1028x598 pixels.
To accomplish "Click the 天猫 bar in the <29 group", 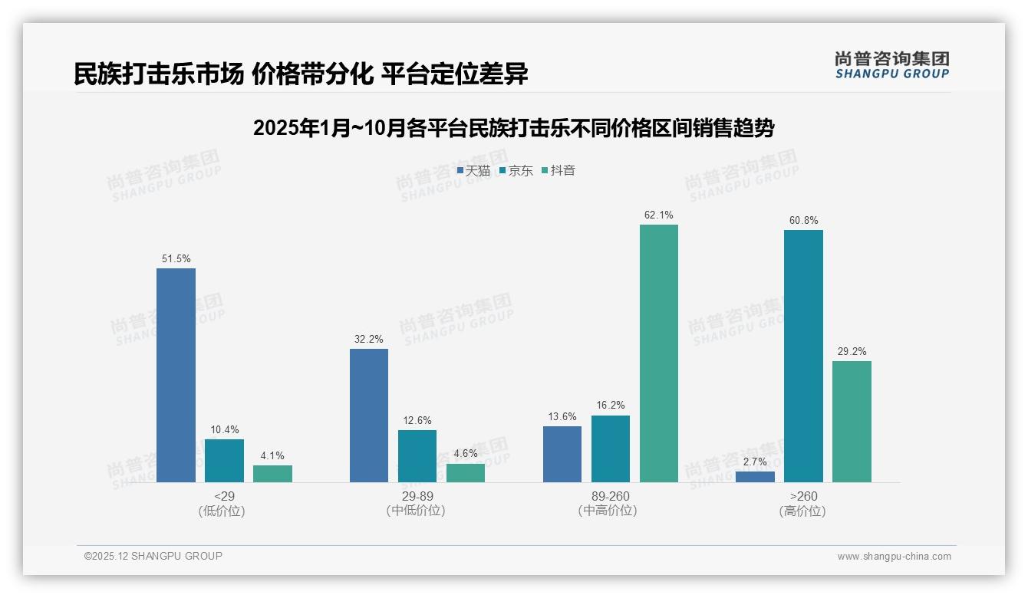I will point(176,375).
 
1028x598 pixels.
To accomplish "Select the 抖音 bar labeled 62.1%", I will point(659,353).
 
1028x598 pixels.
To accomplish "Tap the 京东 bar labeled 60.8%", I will point(803,356).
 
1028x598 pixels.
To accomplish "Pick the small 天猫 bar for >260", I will point(755,477).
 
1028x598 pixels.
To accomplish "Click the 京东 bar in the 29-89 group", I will point(417,456).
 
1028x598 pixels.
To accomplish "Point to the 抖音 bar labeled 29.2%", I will point(852,422).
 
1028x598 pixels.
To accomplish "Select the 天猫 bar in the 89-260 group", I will point(562,454).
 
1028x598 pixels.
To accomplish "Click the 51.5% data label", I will point(176,259).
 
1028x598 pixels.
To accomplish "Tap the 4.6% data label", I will point(466,454).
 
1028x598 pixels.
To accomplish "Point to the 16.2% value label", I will point(611,406).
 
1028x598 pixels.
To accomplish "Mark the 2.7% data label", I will point(755,462).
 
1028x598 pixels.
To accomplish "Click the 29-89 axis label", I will point(417,496).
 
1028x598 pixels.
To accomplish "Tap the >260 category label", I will point(803,496).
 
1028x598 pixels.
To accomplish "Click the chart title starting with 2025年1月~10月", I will point(513,128).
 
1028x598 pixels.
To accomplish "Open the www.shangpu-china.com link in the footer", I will point(894,557).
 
